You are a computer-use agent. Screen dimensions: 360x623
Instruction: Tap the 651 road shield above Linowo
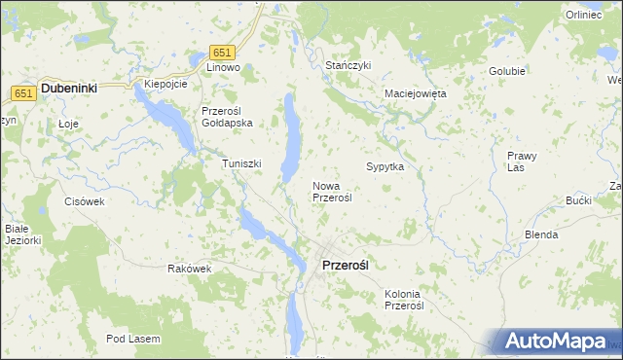coord(223,53)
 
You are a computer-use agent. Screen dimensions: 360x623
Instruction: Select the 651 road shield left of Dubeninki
coord(24,92)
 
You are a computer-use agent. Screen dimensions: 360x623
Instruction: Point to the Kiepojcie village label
coord(165,85)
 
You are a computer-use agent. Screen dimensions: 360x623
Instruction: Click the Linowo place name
coord(223,68)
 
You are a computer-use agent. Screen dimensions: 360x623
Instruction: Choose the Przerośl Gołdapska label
coord(227,117)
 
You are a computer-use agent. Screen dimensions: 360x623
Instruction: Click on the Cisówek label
coord(84,201)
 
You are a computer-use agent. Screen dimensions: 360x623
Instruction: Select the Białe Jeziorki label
coord(20,234)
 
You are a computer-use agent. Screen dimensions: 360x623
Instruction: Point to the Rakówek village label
coord(189,269)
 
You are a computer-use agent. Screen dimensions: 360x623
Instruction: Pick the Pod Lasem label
coord(134,339)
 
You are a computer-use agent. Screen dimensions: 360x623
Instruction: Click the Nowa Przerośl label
coord(332,191)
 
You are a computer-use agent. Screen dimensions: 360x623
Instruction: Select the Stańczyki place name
coord(348,65)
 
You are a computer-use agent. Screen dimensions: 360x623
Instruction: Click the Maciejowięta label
coord(415,94)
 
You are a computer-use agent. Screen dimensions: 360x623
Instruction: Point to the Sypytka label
coord(385,166)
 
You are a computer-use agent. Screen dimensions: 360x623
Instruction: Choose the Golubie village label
coord(507,71)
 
